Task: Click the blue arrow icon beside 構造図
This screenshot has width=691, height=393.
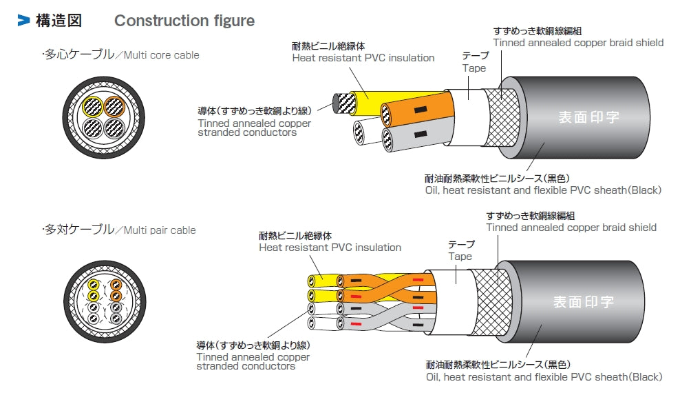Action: [x=24, y=21]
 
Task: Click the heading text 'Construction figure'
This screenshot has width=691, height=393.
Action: [x=184, y=21]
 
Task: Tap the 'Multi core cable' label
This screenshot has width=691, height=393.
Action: [x=162, y=55]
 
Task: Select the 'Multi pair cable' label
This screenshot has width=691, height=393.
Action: [x=160, y=230]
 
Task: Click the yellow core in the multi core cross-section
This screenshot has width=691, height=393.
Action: [x=92, y=106]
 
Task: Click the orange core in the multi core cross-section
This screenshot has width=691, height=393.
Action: [x=114, y=106]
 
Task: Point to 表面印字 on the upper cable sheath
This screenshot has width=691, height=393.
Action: [x=588, y=117]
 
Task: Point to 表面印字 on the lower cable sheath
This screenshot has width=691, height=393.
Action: [x=584, y=301]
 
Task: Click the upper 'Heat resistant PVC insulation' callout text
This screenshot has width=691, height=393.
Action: [x=363, y=58]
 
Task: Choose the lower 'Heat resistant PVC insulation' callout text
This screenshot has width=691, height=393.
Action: [x=330, y=248]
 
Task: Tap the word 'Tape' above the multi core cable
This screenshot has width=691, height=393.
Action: [x=474, y=68]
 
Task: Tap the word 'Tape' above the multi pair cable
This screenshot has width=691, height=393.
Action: [x=460, y=256]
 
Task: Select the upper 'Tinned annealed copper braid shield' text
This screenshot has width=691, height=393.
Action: [x=578, y=43]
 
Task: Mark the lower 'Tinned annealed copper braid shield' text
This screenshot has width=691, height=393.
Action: [x=571, y=228]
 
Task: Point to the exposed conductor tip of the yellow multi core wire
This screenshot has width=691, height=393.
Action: [x=343, y=103]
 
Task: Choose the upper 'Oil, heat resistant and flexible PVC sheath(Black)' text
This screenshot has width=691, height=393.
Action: [x=543, y=190]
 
